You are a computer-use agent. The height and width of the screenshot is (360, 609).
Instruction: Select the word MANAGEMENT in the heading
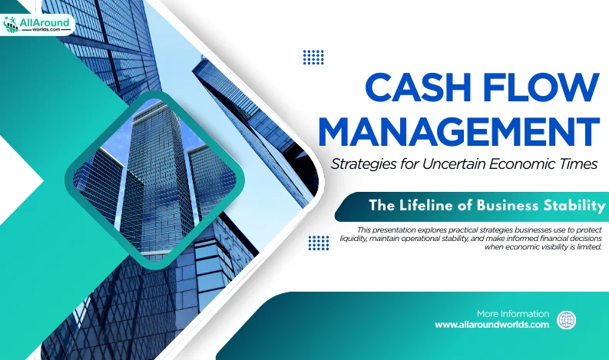click(458, 131)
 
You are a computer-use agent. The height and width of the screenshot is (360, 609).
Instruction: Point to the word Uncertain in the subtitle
click(454, 164)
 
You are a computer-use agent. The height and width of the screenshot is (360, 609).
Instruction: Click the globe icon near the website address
click(566, 320)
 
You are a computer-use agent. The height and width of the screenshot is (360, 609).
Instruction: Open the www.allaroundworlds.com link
click(492, 325)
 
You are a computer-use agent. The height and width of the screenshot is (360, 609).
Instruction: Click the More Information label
click(513, 313)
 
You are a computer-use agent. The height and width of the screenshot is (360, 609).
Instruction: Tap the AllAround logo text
click(45, 22)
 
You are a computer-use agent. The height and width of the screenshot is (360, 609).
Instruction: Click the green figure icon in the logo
click(11, 25)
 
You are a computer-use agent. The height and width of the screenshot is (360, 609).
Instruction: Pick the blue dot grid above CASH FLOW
click(313, 57)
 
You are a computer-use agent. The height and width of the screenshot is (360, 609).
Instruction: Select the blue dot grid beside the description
click(319, 243)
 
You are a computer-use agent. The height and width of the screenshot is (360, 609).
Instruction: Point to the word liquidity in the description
click(353, 239)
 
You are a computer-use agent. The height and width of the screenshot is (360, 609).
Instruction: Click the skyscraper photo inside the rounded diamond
click(154, 180)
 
